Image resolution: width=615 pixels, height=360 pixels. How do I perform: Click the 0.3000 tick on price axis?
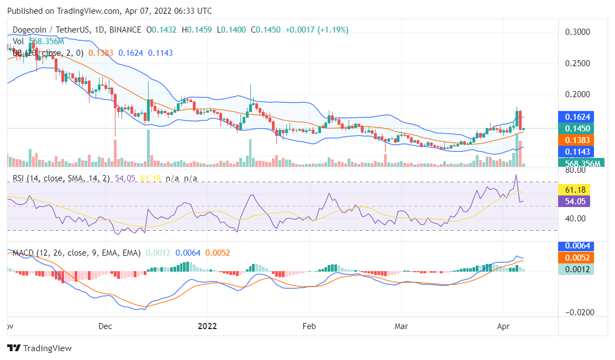(577, 32)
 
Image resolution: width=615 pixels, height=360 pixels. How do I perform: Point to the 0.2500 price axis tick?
(577, 63)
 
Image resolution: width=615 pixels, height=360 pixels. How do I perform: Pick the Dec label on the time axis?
(106, 326)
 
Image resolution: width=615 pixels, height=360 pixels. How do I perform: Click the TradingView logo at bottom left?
(39, 348)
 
